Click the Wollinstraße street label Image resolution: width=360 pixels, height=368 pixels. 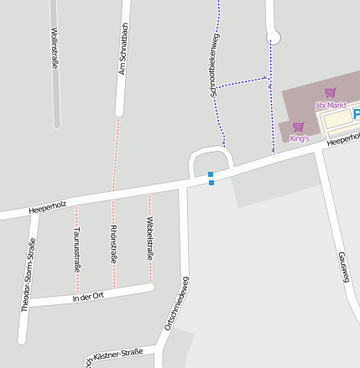55,49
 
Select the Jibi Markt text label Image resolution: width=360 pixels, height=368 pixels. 331,106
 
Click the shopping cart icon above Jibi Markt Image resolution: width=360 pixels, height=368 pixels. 330,93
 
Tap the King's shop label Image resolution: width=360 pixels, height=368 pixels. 300,137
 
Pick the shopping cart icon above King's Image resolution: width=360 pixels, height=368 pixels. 298,127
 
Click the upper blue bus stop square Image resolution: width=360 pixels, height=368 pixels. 211,174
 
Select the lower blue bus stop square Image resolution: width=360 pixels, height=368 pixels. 211,183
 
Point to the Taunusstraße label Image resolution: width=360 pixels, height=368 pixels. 76,248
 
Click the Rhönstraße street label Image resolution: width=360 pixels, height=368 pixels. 113,245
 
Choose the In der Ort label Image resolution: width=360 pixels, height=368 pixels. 86,297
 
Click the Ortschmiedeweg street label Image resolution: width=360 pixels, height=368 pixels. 176,307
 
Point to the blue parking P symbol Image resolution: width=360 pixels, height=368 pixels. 356,113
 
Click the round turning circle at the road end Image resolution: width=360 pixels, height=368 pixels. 273,37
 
